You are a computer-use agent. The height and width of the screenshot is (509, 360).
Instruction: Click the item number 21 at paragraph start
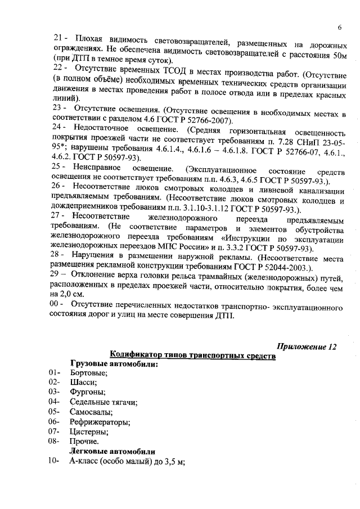tap(58, 38)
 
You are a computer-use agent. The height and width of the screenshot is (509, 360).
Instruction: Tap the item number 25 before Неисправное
tap(58, 168)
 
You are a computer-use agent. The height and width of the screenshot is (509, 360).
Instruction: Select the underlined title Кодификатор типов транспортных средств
tap(192, 355)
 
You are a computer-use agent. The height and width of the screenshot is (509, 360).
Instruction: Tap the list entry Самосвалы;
tap(91, 412)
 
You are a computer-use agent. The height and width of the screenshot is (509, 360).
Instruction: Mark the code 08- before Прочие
tap(55, 442)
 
